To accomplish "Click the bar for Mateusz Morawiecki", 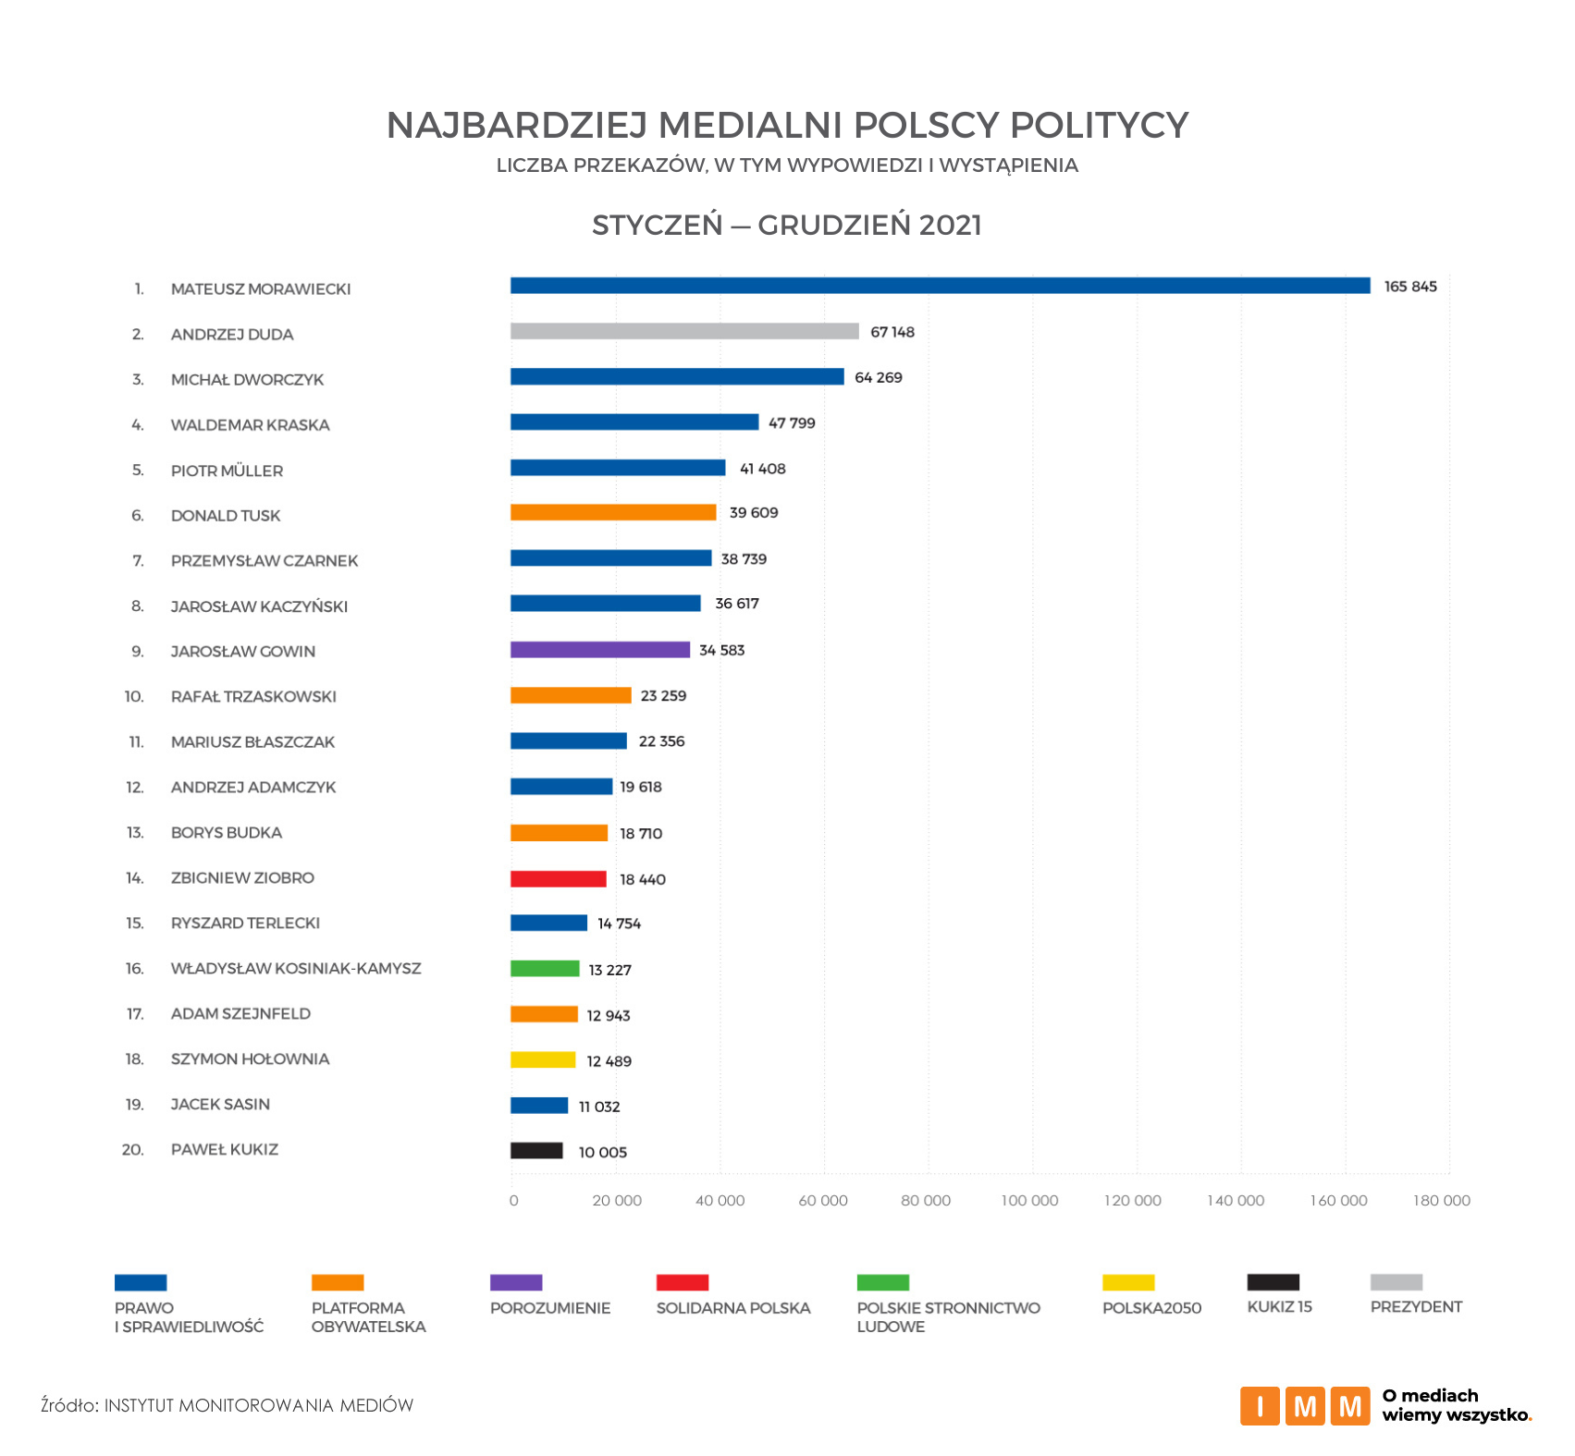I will pyautogui.click(x=940, y=286).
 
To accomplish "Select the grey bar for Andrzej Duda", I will pyautogui.click(x=684, y=331).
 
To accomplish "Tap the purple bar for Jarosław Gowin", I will pyautogui.click(x=599, y=650).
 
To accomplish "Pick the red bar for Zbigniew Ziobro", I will pyautogui.click(x=558, y=879).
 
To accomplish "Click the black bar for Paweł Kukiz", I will pyautogui.click(x=536, y=1151).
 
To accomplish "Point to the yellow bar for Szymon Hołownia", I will pyautogui.click(x=543, y=1060).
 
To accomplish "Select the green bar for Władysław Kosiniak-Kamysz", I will pyautogui.click(x=545, y=969).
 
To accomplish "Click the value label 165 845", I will pyautogui.click(x=1409, y=287).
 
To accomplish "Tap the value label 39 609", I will pyautogui.click(x=753, y=513).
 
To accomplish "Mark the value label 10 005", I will pyautogui.click(x=602, y=1152).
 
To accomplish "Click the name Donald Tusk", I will pyautogui.click(x=225, y=516).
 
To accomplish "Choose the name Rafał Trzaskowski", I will pyautogui.click(x=253, y=697).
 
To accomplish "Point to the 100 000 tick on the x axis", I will pyautogui.click(x=1029, y=1201).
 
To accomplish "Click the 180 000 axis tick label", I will pyautogui.click(x=1441, y=1201).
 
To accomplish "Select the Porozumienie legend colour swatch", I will pyautogui.click(x=516, y=1282).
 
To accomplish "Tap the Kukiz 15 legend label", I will pyautogui.click(x=1279, y=1307).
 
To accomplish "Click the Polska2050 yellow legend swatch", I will pyautogui.click(x=1128, y=1282).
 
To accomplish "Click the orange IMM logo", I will pyautogui.click(x=1304, y=1406).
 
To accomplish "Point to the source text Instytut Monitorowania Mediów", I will pyautogui.click(x=258, y=1406).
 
